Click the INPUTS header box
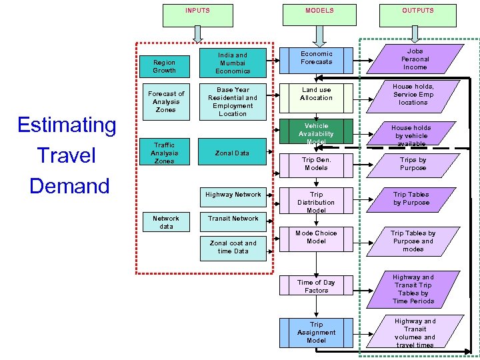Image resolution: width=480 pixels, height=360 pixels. [197, 11]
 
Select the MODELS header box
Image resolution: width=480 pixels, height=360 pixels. [319, 11]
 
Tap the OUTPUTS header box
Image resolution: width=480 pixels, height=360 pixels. [417, 11]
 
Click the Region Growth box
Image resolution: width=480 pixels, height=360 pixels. [164, 66]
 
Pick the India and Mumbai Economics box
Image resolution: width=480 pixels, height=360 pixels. [233, 63]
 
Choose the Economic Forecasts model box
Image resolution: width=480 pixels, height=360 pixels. [316, 59]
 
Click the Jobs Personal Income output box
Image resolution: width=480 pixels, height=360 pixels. [415, 59]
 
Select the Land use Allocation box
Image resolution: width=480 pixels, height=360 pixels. [316, 94]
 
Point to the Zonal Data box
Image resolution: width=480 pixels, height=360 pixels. [233, 153]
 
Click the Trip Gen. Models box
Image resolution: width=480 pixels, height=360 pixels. [316, 164]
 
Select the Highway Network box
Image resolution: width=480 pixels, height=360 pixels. [233, 195]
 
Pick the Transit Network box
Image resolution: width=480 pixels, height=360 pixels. [233, 219]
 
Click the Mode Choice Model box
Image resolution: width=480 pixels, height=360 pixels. [316, 238]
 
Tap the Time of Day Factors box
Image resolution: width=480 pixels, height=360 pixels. [316, 287]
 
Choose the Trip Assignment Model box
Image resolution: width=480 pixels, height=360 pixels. [316, 333]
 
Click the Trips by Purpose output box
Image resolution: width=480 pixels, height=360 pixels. [413, 164]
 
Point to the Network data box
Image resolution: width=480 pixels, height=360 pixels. [165, 223]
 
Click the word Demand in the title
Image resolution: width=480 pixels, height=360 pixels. [69, 185]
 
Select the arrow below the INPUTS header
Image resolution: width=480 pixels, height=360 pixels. [197, 33]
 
